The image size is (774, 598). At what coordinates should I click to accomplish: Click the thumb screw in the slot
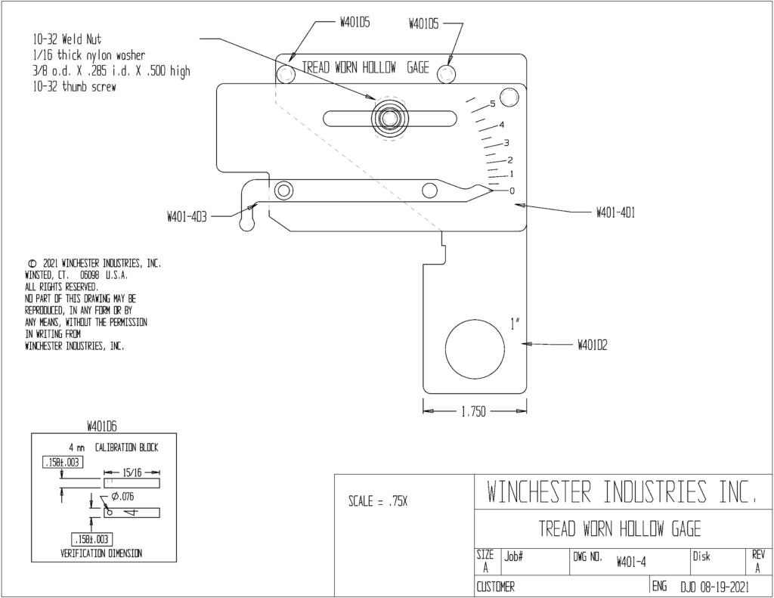(x=389, y=119)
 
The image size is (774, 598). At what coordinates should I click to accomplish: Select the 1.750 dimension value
(x=473, y=411)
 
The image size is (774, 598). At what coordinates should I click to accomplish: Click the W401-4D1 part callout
(x=615, y=212)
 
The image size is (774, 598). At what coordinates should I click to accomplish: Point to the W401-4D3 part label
(x=187, y=217)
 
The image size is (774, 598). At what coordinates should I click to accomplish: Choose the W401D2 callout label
(x=593, y=345)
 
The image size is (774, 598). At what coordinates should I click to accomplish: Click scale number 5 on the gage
(x=492, y=104)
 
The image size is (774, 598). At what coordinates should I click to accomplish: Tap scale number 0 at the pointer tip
(x=512, y=191)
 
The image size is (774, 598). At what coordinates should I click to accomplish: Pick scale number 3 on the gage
(x=506, y=143)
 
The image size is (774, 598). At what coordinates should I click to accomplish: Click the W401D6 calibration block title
(x=102, y=426)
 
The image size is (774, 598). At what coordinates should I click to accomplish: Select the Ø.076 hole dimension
(x=122, y=496)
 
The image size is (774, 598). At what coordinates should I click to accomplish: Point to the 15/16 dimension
(x=132, y=473)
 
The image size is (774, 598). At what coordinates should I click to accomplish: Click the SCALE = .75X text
(x=378, y=501)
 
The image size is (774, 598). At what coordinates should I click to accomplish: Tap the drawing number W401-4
(x=631, y=562)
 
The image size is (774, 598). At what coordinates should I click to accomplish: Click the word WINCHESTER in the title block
(x=539, y=491)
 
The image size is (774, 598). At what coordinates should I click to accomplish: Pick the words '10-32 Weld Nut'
(x=67, y=39)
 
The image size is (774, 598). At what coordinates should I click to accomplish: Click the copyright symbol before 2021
(x=32, y=263)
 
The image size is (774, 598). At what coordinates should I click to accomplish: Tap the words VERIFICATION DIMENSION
(x=101, y=553)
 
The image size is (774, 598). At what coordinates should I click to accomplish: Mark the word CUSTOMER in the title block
(x=495, y=587)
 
